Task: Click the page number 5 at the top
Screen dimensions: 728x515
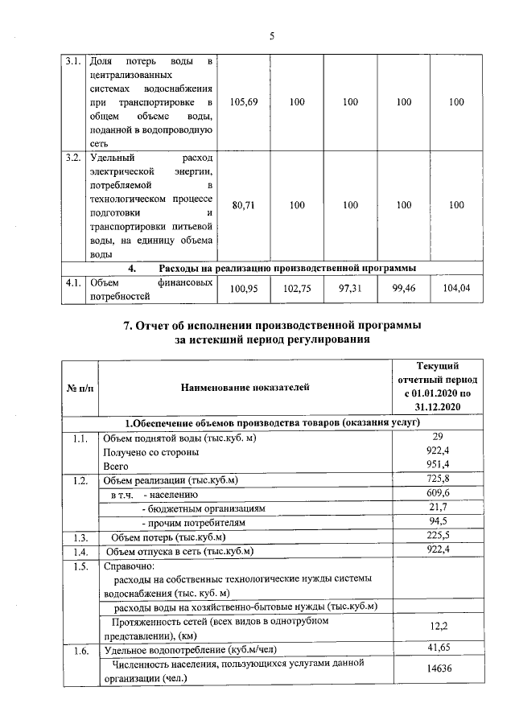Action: [272, 36]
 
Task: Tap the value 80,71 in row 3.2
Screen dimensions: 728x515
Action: [243, 205]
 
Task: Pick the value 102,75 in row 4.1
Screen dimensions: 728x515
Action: [297, 288]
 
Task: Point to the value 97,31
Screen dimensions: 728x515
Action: [350, 288]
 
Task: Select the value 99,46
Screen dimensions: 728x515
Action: [403, 288]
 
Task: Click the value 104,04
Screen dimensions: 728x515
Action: [456, 288]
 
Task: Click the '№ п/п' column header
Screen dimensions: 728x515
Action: [78, 388]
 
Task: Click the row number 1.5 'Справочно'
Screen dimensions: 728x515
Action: [78, 566]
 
